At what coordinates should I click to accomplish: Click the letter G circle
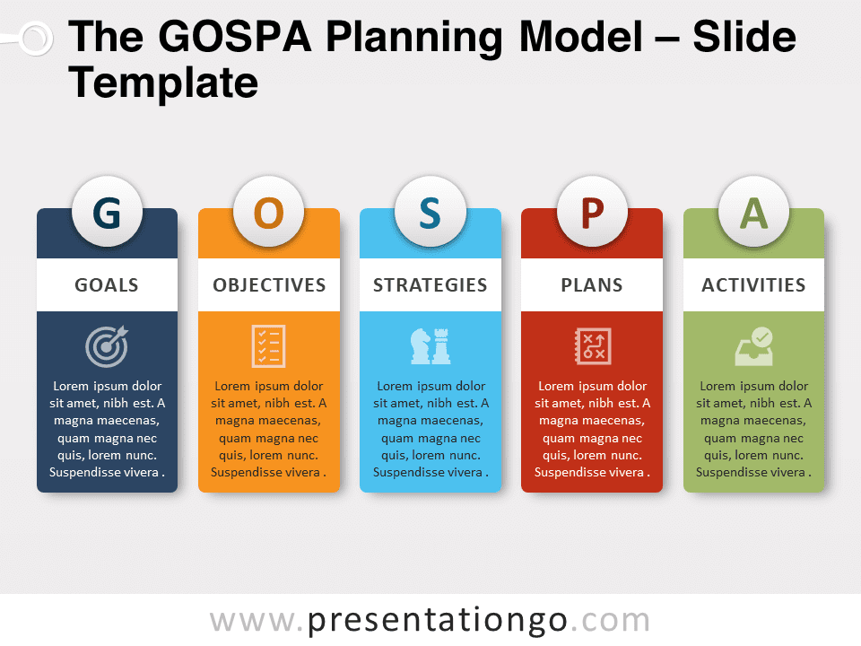click(107, 214)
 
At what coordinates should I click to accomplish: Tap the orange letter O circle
click(268, 214)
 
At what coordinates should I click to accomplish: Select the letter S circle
click(430, 214)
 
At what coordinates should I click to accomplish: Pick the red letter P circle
click(592, 214)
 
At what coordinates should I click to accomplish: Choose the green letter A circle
click(753, 214)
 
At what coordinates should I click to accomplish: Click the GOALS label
click(107, 285)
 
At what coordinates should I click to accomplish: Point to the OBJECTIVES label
click(269, 285)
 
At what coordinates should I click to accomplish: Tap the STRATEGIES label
click(430, 285)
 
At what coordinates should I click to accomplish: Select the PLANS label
click(592, 285)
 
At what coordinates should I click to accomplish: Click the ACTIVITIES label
click(753, 285)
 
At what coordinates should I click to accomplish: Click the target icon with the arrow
click(107, 345)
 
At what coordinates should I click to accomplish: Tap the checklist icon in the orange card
click(268, 345)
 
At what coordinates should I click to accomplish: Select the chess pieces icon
click(430, 345)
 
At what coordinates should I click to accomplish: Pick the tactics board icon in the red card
click(592, 345)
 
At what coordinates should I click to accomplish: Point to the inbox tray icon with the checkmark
click(753, 345)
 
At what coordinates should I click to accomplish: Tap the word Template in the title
click(163, 83)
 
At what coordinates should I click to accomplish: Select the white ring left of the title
click(35, 38)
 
